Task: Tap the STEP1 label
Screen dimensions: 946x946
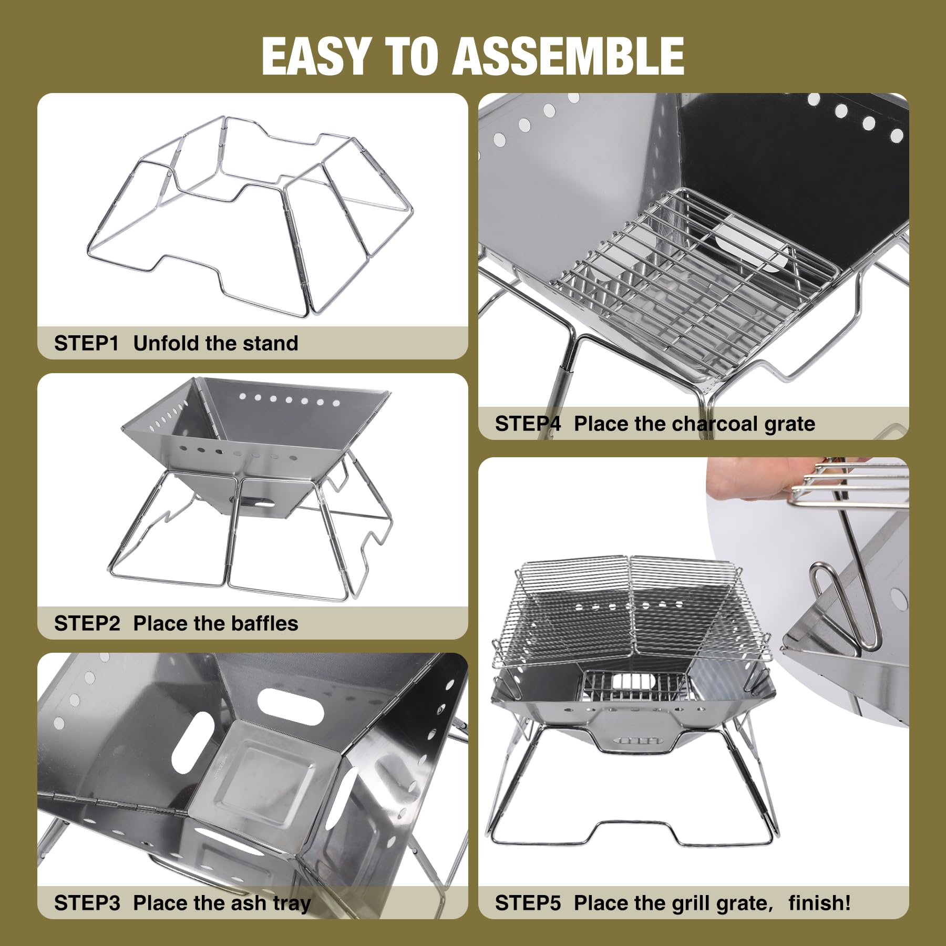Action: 86,344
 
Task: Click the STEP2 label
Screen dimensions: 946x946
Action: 87,624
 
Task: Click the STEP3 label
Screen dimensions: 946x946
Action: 87,903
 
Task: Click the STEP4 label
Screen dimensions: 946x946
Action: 528,424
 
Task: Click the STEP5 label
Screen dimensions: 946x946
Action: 528,903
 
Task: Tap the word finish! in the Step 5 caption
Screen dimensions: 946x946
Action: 819,903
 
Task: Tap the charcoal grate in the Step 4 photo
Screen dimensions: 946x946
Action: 694,284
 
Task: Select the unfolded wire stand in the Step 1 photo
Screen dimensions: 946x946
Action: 250,215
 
